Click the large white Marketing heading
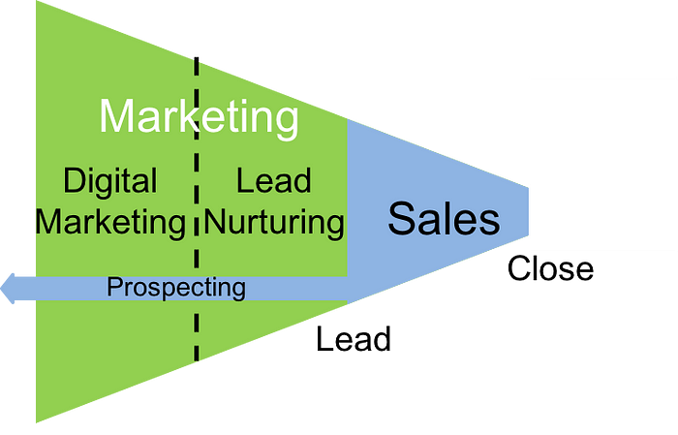tap(199, 117)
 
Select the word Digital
tap(109, 180)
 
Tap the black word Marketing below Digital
tap(109, 222)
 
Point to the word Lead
tap(274, 180)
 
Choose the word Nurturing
tap(275, 222)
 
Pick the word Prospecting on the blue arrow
tap(176, 287)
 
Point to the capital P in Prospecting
tap(113, 287)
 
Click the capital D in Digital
tap(74, 180)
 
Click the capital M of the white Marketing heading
tap(121, 117)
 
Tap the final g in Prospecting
tap(238, 290)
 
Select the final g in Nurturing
tap(334, 226)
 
